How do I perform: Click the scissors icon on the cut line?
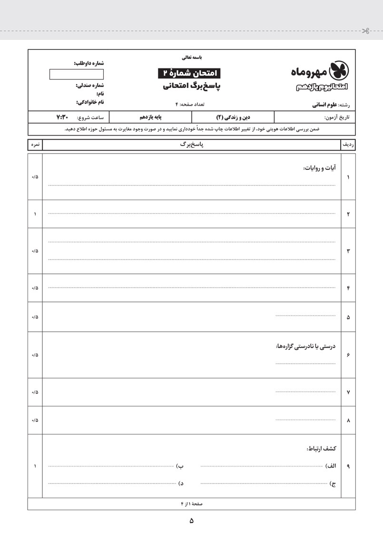(365, 31)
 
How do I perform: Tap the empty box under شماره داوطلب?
(76, 74)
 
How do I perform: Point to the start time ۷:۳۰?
(63, 117)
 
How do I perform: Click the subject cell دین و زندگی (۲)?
(233, 117)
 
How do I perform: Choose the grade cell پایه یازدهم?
(150, 117)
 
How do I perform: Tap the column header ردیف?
(348, 145)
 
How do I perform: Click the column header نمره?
(35, 145)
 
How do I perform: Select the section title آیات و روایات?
(319, 168)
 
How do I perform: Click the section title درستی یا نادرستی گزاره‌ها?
(305, 346)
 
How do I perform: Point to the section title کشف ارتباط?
(322, 448)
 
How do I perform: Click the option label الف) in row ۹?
(331, 466)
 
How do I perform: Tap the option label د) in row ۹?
(181, 483)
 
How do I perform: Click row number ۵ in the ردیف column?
(348, 317)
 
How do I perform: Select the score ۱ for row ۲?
(35, 214)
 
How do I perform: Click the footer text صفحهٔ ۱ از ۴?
(191, 503)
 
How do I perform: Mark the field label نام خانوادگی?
(90, 102)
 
